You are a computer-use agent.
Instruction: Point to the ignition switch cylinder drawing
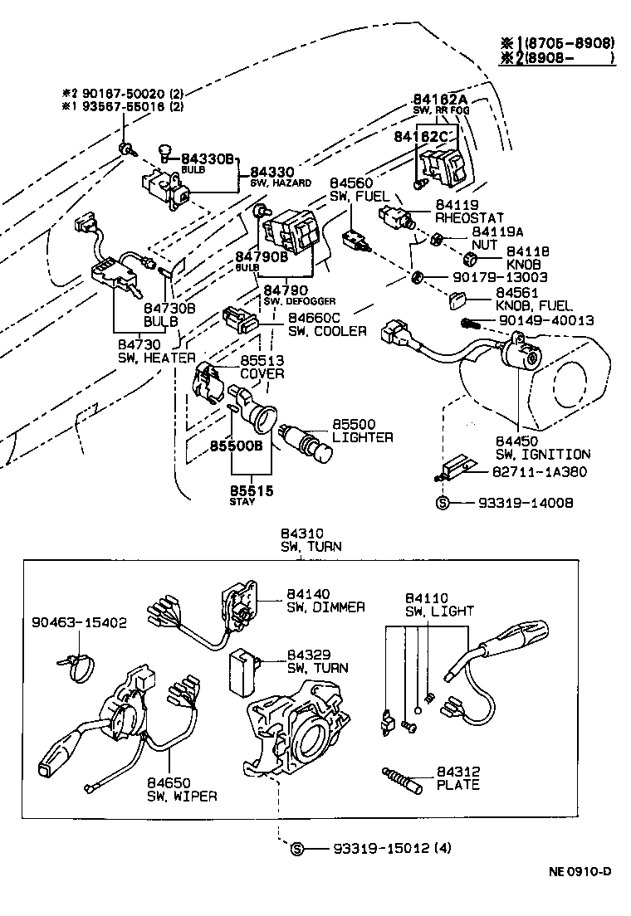(x=521, y=355)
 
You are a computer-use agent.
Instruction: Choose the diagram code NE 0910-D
(x=579, y=871)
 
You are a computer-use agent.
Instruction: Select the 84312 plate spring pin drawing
(x=404, y=778)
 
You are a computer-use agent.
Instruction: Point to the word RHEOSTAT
(x=469, y=217)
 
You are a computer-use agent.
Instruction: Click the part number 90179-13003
(x=492, y=277)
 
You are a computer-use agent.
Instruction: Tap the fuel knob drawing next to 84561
(x=460, y=300)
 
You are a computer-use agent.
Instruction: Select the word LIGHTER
(x=363, y=437)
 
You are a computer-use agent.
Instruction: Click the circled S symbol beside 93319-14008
(x=443, y=503)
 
